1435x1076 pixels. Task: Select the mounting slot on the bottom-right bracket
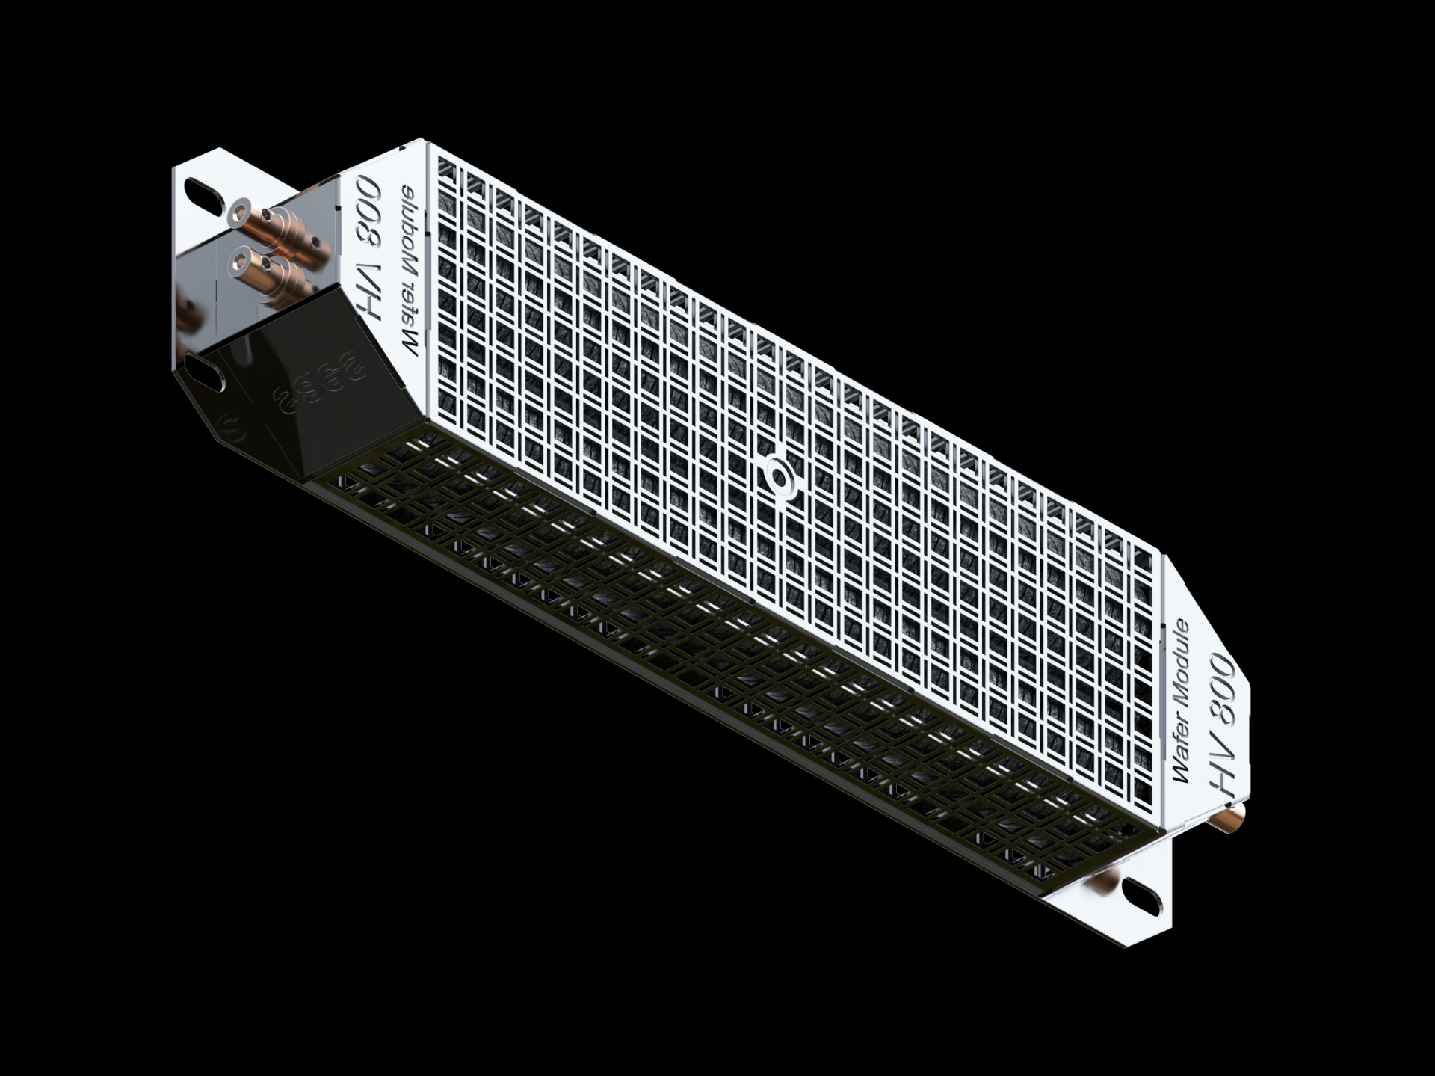point(1141,897)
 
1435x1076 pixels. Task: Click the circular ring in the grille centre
point(779,476)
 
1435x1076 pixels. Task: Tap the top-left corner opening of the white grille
point(446,170)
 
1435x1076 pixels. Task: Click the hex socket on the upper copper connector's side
point(321,242)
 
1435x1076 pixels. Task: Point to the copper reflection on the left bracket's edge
point(187,314)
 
